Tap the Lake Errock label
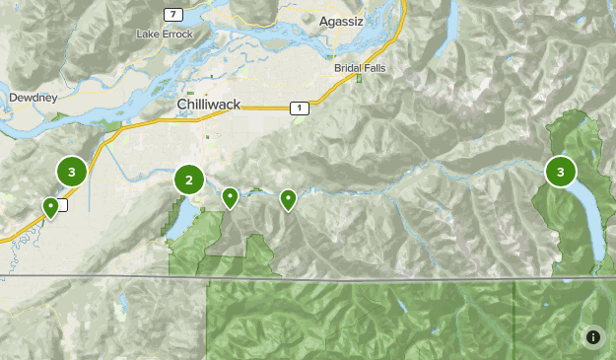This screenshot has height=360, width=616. [166, 35]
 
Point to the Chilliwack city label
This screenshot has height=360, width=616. [209, 104]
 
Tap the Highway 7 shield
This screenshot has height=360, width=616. [173, 14]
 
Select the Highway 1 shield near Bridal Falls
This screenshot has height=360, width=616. [295, 108]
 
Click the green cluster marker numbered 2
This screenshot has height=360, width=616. [189, 180]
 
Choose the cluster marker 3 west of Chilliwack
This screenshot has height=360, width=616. [71, 171]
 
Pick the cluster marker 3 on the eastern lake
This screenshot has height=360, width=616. [561, 172]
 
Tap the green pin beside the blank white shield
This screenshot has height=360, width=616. [50, 207]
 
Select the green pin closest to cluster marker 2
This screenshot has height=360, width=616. [230, 197]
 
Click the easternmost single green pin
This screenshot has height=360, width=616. [288, 199]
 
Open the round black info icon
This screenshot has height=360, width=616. [593, 337]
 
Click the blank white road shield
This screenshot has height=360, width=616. [62, 205]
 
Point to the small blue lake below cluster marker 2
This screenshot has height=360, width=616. [176, 221]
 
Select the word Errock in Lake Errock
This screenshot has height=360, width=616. [176, 35]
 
